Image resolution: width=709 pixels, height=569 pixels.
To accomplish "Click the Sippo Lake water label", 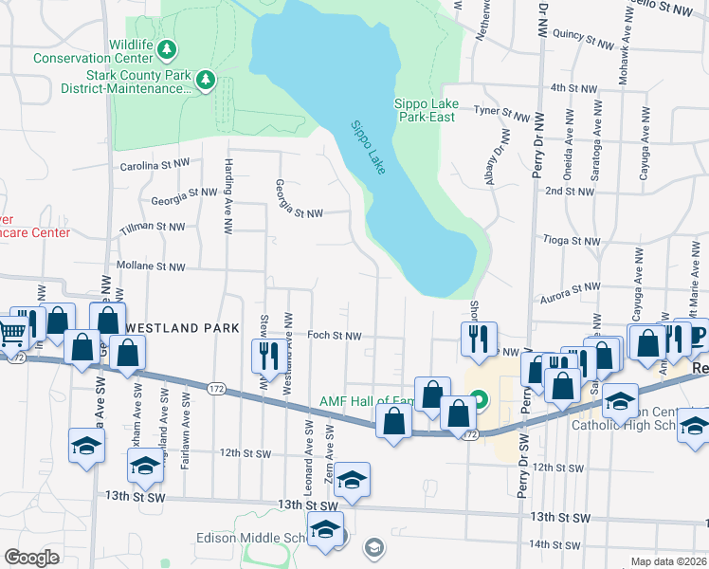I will [x=369, y=148].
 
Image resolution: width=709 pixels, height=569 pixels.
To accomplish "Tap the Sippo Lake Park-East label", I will [x=426, y=110].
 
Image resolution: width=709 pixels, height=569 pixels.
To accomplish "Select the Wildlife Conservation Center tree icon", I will [x=168, y=47].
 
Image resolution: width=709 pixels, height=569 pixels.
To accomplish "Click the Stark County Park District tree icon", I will [x=204, y=83].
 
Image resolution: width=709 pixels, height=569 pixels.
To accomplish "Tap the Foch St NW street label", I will [x=335, y=336].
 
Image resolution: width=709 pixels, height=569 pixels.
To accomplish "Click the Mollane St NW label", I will [x=150, y=267].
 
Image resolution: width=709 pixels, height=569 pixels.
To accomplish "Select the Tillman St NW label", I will [x=152, y=228].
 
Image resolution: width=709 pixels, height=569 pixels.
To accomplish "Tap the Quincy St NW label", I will [x=587, y=43].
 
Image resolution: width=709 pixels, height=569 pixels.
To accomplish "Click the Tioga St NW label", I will [x=572, y=241].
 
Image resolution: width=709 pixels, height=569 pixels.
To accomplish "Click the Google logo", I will [x=32, y=557].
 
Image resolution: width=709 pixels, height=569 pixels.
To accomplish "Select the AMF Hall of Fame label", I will [x=367, y=401].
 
